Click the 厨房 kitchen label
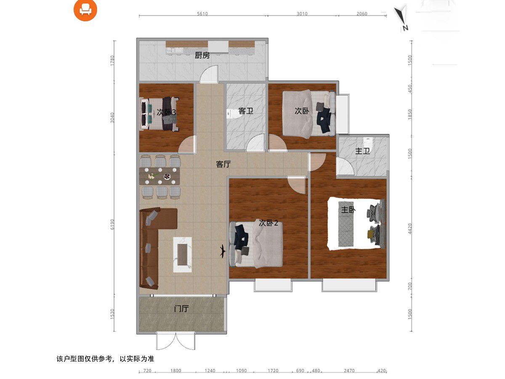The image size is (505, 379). [202, 55]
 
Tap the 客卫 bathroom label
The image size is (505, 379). [245, 111]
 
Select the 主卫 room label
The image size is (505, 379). [362, 151]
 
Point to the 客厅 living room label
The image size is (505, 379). [223, 164]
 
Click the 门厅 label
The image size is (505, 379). [181, 309]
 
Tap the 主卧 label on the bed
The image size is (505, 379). [348, 209]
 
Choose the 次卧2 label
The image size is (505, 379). [268, 223]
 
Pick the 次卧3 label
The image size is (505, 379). [166, 112]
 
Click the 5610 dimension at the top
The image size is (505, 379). [202, 13]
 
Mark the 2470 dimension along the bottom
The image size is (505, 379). [349, 371]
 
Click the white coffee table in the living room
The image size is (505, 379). [183, 254]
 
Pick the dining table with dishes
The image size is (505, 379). [160, 176]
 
